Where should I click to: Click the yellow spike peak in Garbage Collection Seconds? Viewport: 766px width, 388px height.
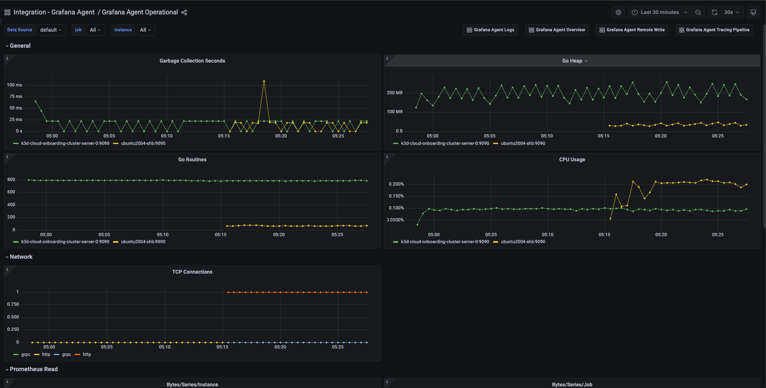coord(264,81)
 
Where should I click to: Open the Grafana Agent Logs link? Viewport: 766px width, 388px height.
coord(490,30)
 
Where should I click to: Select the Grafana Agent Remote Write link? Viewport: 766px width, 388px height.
coord(632,30)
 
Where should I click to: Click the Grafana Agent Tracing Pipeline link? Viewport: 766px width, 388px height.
coord(714,30)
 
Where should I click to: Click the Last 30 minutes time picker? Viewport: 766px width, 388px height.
coord(659,12)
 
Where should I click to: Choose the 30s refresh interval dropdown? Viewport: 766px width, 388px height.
coord(731,12)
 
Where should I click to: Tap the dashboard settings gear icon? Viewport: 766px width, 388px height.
coord(618,12)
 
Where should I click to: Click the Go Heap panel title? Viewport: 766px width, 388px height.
coord(572,61)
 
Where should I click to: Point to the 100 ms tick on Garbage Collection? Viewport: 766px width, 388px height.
coord(15,85)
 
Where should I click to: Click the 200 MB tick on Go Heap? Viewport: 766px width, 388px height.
coord(395,93)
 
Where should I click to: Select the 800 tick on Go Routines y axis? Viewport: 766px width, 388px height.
coord(12,180)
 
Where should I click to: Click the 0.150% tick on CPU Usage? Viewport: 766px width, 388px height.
coord(396,196)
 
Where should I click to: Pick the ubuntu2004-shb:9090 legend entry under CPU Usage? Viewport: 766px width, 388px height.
coord(523,242)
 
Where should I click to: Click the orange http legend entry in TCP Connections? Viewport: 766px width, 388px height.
coord(87,355)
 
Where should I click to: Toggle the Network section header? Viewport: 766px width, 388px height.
coord(21,257)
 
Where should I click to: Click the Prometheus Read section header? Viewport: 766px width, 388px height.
coord(34,369)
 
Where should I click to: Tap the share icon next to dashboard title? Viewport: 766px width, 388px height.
coord(184,12)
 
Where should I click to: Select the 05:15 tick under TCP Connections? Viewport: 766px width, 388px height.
coord(222,347)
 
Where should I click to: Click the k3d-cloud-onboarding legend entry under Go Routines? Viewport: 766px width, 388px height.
coord(65,242)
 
